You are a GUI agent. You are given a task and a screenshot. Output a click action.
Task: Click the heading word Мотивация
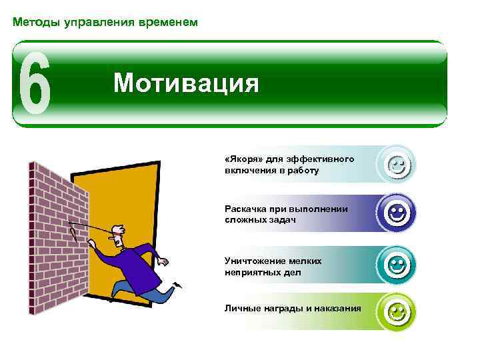185,83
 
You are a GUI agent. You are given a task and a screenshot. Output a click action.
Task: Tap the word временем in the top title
169,23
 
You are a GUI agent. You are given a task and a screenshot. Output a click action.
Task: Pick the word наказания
339,308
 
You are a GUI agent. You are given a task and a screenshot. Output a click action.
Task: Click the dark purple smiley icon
398,213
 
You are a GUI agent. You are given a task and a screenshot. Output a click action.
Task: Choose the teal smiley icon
398,264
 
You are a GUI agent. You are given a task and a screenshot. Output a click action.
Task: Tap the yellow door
133,200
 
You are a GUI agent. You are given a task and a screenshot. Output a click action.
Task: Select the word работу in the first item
303,170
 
